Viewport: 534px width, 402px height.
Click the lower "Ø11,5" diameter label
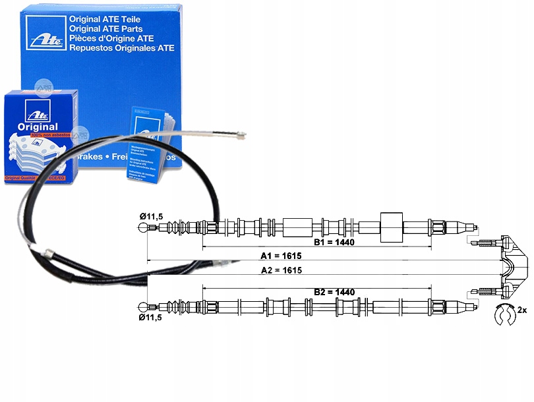[x=150, y=317]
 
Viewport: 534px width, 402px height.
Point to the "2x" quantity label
[x=522, y=310]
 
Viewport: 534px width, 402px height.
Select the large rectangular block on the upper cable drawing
[x=392, y=228]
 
